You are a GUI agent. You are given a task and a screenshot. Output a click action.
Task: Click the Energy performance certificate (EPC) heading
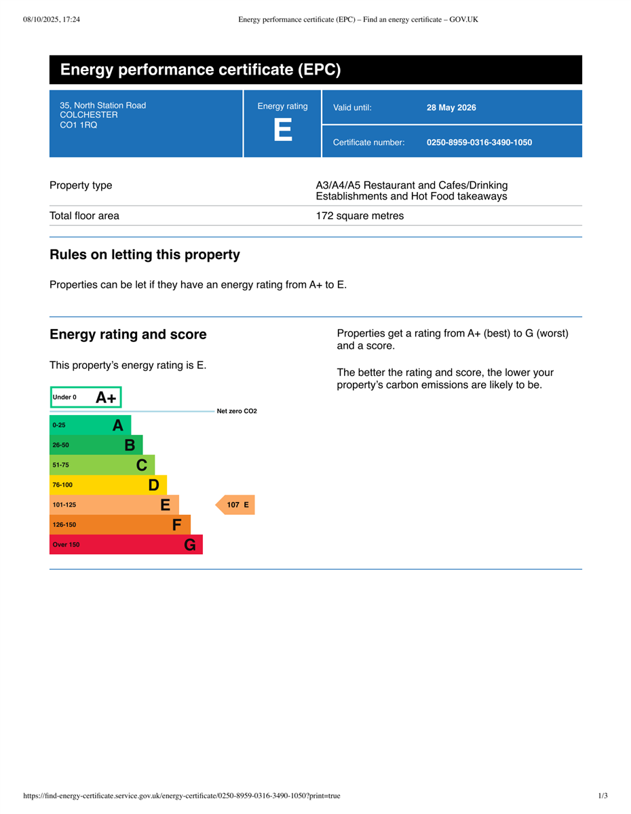point(200,70)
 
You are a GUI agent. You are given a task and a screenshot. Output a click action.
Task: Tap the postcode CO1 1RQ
point(79,125)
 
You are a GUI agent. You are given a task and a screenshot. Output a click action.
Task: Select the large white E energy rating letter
point(282,130)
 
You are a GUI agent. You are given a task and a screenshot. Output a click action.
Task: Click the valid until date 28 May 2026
point(451,107)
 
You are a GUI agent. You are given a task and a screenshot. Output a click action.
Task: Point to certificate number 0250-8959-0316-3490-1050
point(479,142)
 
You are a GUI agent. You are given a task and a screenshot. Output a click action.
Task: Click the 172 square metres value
point(360,216)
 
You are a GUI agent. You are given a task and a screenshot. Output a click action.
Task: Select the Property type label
point(81,185)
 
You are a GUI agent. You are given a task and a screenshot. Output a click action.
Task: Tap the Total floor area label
point(84,216)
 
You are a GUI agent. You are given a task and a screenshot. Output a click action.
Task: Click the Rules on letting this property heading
point(145,255)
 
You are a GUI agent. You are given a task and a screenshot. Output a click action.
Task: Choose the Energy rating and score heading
point(128,334)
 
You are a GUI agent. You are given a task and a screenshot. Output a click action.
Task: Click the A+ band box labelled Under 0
point(85,398)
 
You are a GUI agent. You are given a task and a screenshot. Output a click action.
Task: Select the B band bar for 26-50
point(96,445)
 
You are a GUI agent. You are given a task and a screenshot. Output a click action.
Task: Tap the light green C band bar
point(102,465)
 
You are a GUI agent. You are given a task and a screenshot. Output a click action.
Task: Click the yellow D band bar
point(108,485)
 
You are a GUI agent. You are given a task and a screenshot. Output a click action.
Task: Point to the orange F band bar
point(119,524)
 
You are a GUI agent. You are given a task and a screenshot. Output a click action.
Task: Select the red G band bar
point(126,545)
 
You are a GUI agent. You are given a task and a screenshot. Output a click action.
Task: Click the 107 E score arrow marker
point(235,505)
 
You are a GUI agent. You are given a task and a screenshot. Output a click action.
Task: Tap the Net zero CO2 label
point(237,411)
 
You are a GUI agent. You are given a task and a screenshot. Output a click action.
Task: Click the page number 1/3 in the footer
point(603,796)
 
